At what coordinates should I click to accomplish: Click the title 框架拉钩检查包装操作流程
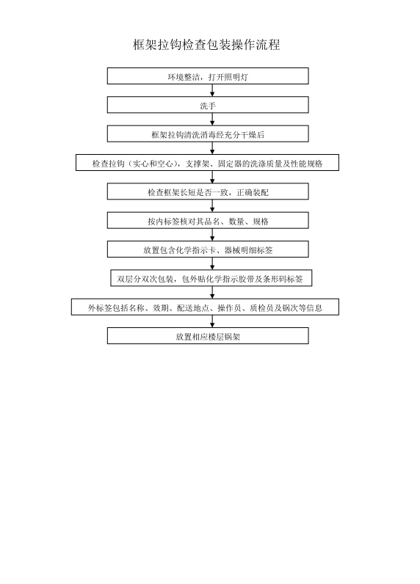pyautogui.click(x=206, y=45)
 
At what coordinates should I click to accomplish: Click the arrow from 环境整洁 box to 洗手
pyautogui.click(x=212, y=90)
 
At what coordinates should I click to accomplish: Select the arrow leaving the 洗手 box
pyautogui.click(x=212, y=119)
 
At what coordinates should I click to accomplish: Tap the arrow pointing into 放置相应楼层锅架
pyautogui.click(x=212, y=321)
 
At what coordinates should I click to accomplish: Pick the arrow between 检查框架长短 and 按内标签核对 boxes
pyautogui.click(x=212, y=206)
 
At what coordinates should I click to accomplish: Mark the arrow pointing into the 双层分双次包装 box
pyautogui.click(x=212, y=263)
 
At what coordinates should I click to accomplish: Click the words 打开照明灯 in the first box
pyautogui.click(x=228, y=77)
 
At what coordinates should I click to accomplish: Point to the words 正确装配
pyautogui.click(x=253, y=192)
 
